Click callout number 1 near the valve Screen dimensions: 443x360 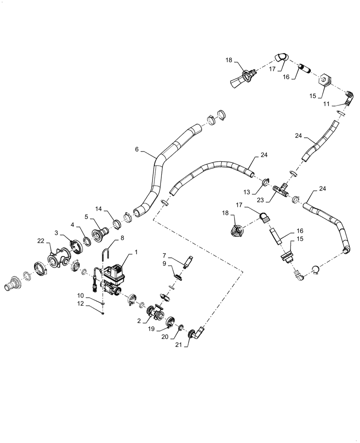click(136, 251)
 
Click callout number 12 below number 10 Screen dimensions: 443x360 click(93, 304)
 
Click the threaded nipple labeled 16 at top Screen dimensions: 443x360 click(305, 69)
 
